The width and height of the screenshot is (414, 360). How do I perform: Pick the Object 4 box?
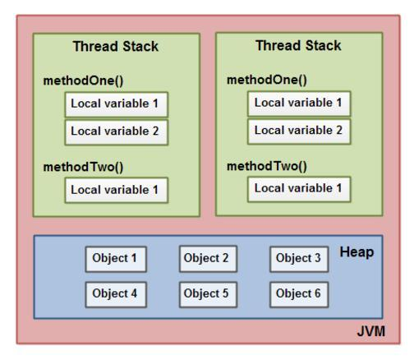[x=114, y=293]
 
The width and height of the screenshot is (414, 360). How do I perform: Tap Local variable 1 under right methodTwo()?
[x=299, y=188]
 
